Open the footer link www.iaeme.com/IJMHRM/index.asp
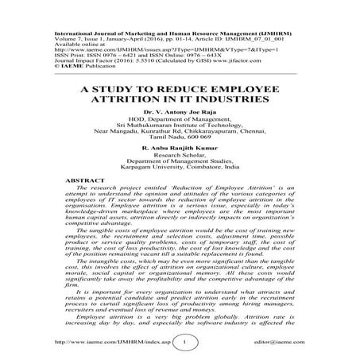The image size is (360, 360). (111, 344)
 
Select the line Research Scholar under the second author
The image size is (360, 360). (180, 180)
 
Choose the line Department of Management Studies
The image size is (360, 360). (180, 186)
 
